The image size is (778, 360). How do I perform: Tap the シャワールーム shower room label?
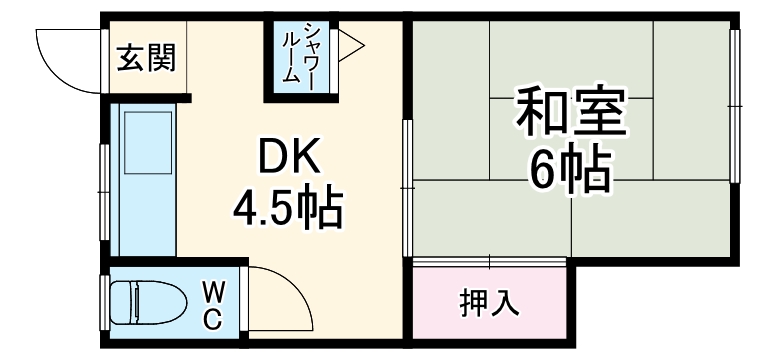tap(300, 57)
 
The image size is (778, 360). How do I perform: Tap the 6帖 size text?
tap(570, 172)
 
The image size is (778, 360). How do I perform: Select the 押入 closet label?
tap(489, 302)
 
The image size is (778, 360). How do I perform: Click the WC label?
tap(213, 304)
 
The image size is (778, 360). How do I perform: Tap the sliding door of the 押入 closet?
tap(490, 261)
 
